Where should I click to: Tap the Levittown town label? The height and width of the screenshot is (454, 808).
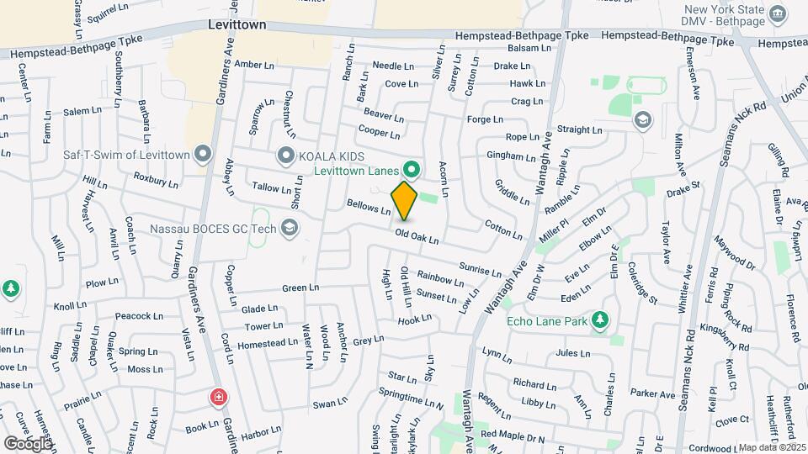point(237,25)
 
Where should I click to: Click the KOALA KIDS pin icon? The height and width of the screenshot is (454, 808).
point(286,156)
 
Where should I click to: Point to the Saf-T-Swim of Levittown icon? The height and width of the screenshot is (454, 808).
point(202,154)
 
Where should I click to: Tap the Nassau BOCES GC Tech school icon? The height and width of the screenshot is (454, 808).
point(290,227)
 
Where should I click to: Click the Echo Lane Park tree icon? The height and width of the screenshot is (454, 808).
point(599,320)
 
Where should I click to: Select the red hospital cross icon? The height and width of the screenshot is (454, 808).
point(219,396)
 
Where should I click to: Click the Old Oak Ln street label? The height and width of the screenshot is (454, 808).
point(417,239)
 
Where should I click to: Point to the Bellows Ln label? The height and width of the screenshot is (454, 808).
point(369,206)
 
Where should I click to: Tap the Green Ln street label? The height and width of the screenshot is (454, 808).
point(300,288)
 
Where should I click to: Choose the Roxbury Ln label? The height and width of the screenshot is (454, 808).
point(156,180)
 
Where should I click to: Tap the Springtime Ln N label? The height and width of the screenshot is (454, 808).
point(411,399)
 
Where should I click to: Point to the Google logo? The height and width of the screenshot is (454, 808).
point(27,443)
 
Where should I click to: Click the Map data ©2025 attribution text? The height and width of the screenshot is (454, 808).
point(771,448)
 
